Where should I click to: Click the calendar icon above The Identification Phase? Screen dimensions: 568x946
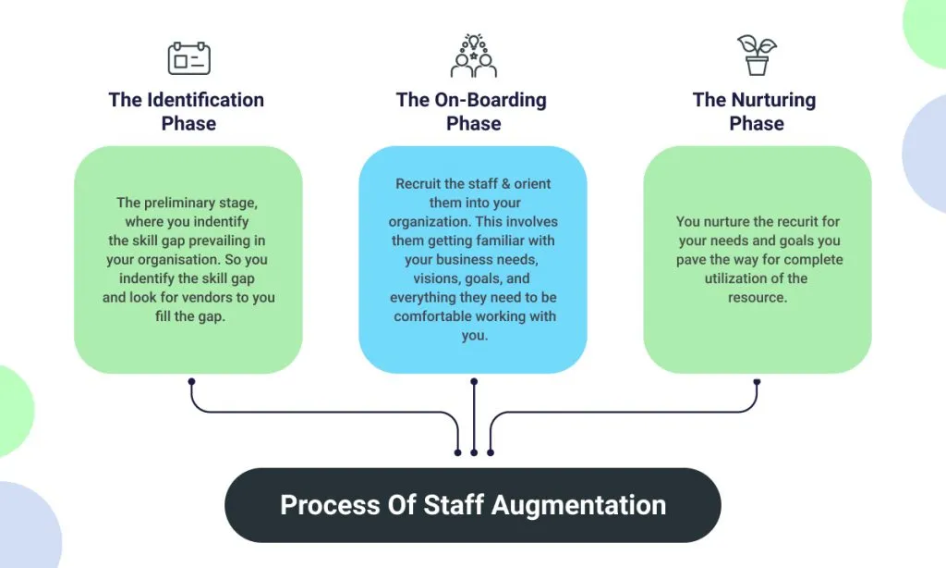click(x=188, y=58)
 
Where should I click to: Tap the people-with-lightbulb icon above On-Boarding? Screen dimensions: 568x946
click(x=473, y=56)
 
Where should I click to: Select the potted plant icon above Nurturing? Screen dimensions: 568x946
click(x=757, y=56)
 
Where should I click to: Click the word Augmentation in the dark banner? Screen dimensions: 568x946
click(x=579, y=505)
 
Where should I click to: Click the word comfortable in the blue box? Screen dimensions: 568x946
click(x=437, y=316)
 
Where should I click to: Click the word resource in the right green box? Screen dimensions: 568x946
click(x=757, y=298)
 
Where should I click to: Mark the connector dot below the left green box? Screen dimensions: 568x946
click(x=191, y=381)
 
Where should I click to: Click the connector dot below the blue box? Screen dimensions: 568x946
click(x=474, y=381)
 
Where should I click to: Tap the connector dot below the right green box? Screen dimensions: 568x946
click(x=757, y=381)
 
